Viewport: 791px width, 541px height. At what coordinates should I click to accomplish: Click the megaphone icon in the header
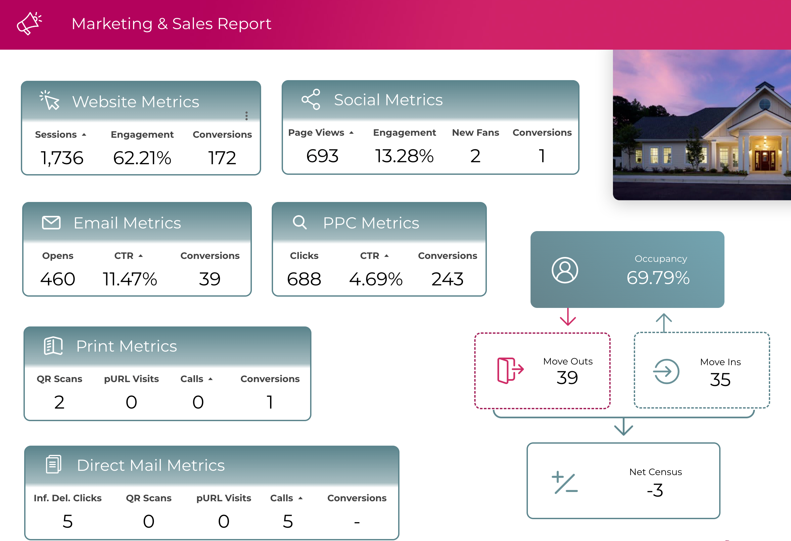click(x=29, y=23)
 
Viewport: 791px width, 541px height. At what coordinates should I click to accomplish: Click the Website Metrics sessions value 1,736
click(x=62, y=158)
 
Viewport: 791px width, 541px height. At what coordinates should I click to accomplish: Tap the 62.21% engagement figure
click(x=142, y=158)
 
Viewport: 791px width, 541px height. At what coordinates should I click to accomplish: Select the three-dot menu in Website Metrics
click(x=247, y=116)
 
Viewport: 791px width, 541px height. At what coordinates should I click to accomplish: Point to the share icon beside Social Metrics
click(x=311, y=99)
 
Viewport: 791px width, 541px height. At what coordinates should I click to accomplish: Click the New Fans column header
click(x=475, y=132)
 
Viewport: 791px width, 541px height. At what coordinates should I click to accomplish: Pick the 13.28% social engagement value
click(x=404, y=156)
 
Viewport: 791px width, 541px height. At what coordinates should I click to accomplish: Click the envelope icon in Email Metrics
click(x=51, y=223)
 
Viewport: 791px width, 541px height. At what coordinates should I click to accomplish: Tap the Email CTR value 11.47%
click(x=130, y=279)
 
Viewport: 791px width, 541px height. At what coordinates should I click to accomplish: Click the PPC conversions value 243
click(x=447, y=279)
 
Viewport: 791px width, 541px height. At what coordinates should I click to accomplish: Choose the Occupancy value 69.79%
click(x=658, y=277)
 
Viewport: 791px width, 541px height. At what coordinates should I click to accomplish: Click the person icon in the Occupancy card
click(x=565, y=270)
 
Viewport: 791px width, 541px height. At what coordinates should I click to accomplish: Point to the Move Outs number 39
click(x=567, y=377)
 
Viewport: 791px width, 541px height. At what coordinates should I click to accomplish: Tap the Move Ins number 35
click(x=720, y=379)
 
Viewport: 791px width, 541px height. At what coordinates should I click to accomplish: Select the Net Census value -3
click(x=655, y=490)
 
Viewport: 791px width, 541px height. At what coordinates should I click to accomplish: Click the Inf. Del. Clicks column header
click(x=68, y=498)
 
